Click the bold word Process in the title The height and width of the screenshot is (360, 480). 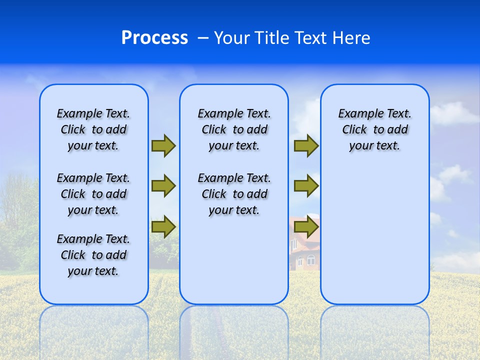click(x=154, y=38)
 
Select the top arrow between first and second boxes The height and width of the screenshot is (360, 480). click(x=163, y=145)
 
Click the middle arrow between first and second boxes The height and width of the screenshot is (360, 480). click(x=163, y=186)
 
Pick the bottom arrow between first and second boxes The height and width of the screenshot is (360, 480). click(x=163, y=227)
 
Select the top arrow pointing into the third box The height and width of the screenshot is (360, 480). click(x=306, y=145)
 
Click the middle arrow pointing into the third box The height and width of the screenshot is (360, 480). click(x=306, y=186)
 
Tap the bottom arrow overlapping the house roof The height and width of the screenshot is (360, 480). click(x=306, y=227)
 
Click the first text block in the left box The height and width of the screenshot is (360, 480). click(x=93, y=129)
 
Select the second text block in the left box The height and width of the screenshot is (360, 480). click(x=93, y=194)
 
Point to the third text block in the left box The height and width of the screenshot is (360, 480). click(x=93, y=255)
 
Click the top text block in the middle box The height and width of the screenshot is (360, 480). click(x=234, y=129)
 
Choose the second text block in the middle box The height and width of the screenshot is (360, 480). click(x=234, y=194)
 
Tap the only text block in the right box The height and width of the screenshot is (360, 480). click(x=374, y=129)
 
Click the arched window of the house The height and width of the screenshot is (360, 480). click(x=311, y=260)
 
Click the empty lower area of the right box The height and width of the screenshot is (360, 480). click(x=375, y=240)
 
